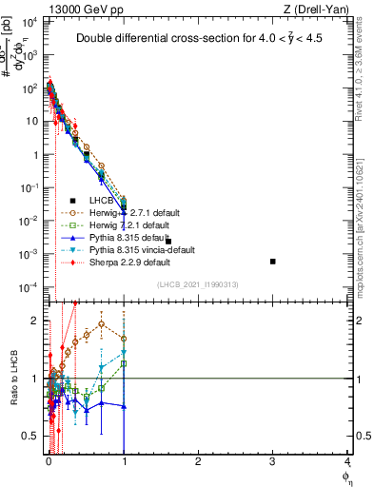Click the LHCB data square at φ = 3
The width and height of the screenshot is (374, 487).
(x=273, y=261)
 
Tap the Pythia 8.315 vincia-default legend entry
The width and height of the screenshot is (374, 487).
(x=134, y=249)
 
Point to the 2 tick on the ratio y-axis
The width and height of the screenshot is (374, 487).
(x=36, y=321)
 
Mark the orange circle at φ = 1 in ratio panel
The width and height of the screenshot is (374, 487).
(x=124, y=339)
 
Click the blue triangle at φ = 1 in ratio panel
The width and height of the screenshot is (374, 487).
(x=124, y=406)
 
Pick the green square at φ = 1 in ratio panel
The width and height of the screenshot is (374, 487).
(x=124, y=363)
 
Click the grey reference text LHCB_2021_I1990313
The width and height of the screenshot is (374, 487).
(x=196, y=284)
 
